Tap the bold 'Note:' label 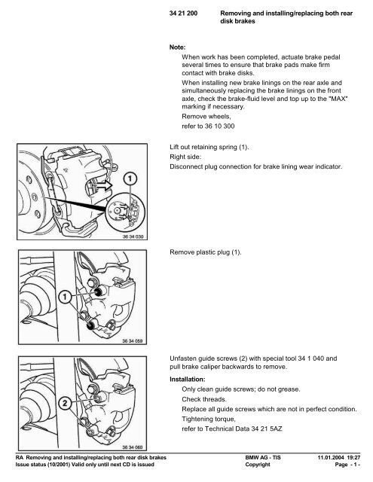(180, 46)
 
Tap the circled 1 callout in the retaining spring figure (130, 180)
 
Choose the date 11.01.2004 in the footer (322, 458)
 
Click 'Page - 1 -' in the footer (349, 466)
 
